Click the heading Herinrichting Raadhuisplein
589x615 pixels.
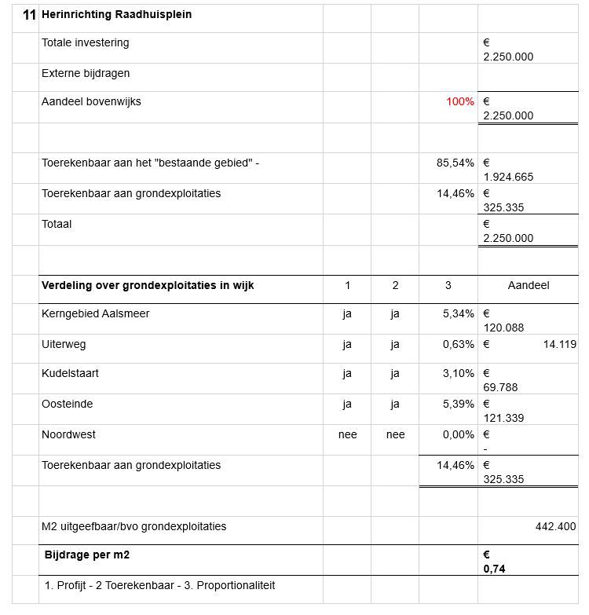116,15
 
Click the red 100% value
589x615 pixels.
460,102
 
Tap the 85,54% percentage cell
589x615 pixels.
455,163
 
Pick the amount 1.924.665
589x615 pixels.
508,178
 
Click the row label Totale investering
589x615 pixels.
86,43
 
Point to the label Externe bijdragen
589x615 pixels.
86,74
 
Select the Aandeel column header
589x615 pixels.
529,286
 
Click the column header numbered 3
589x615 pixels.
448,286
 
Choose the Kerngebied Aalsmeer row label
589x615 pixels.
95,314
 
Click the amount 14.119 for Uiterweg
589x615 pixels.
560,344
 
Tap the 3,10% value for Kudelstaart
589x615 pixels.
458,374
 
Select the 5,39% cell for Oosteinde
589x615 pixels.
458,405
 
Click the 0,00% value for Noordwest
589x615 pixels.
458,435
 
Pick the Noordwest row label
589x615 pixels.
68,435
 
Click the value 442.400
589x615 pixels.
555,527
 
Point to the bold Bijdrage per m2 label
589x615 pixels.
87,555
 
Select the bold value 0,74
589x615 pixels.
495,569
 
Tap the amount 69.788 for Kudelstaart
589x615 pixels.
500,388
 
